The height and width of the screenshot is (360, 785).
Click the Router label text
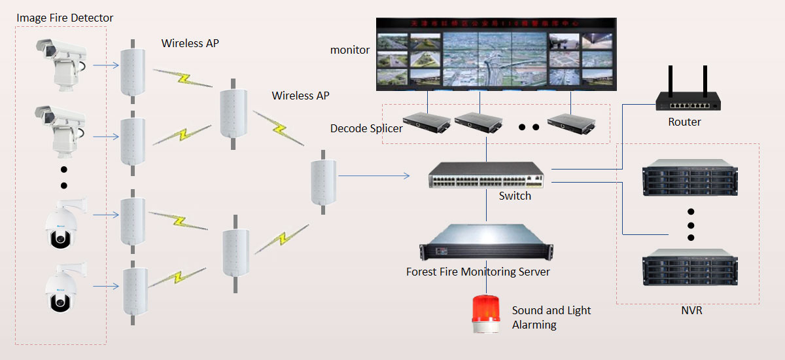pos(684,122)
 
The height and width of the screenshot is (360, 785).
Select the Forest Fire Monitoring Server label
pos(478,272)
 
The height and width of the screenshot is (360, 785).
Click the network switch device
pos(486,175)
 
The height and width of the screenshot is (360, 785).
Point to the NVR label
pos(691,311)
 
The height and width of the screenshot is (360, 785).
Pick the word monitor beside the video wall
pos(350,50)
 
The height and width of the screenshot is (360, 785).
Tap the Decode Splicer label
pos(366,128)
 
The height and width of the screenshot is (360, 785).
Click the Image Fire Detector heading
pos(65,18)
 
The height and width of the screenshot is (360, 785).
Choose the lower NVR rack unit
pos(690,267)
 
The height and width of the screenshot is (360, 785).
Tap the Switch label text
pos(515,196)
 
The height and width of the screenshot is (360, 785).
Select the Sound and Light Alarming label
pos(551,317)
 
